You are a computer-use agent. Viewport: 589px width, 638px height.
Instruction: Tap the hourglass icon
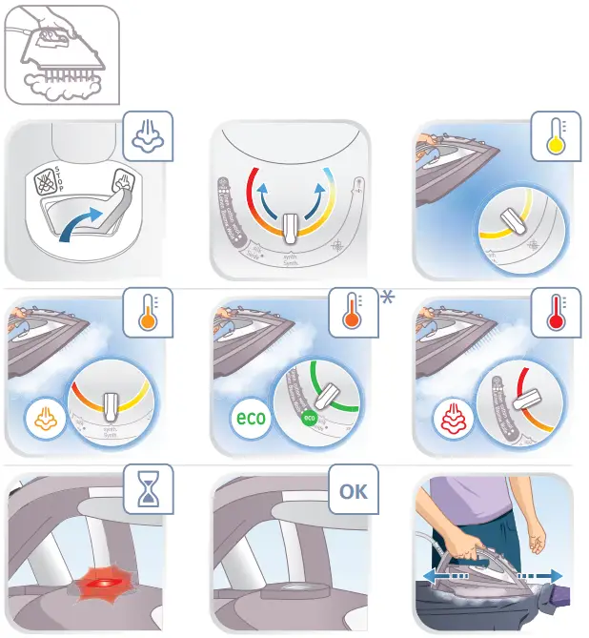click(148, 493)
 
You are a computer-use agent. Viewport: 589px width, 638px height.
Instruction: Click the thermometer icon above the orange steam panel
click(148, 312)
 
